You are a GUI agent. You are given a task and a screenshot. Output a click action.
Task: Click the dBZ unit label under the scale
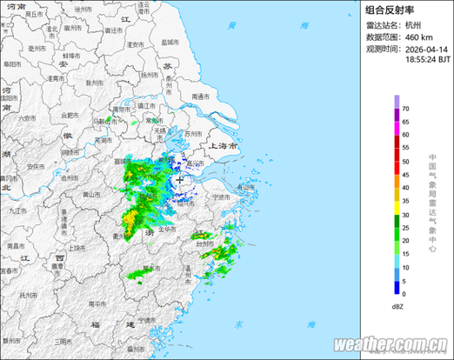397,306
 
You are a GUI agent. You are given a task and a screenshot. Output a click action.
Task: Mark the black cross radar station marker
180,180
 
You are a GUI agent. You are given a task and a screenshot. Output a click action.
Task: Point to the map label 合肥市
59,115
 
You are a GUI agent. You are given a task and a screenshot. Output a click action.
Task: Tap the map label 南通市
201,97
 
